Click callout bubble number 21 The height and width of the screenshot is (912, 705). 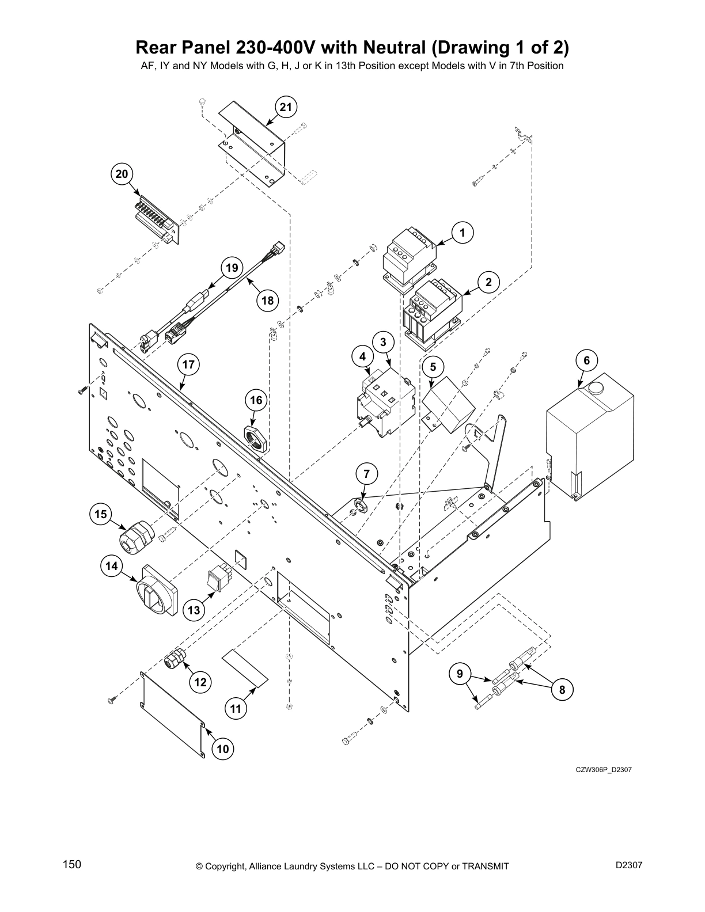(x=286, y=107)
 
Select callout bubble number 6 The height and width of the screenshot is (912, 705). (x=586, y=360)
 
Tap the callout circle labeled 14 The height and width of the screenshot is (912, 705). (x=111, y=566)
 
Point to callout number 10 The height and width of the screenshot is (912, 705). (x=222, y=748)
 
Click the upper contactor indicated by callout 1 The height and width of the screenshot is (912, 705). (x=408, y=256)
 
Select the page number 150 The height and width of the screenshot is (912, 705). (x=72, y=864)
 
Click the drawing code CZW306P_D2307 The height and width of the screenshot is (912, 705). (x=603, y=770)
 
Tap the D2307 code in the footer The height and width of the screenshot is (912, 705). (x=629, y=865)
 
